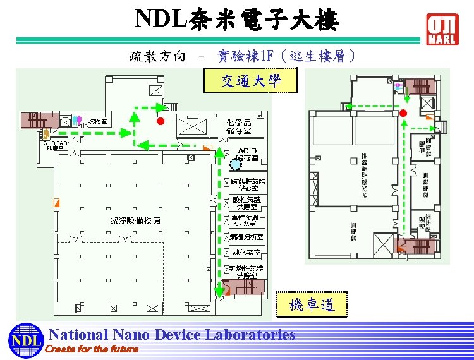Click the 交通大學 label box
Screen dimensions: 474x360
(250, 81)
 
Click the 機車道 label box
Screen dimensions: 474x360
(312, 305)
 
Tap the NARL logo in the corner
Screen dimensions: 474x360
(442, 29)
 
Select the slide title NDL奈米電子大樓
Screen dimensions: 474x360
(238, 20)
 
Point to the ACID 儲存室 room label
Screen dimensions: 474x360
(246, 153)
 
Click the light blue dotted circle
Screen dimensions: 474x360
(236, 164)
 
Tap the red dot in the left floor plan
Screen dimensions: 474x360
(161, 121)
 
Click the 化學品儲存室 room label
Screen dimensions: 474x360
(238, 126)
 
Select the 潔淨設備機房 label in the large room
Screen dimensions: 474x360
(135, 220)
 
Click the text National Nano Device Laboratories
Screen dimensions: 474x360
(172, 334)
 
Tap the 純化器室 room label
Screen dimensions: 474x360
(245, 252)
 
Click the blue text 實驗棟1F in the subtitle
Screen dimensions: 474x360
(245, 56)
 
